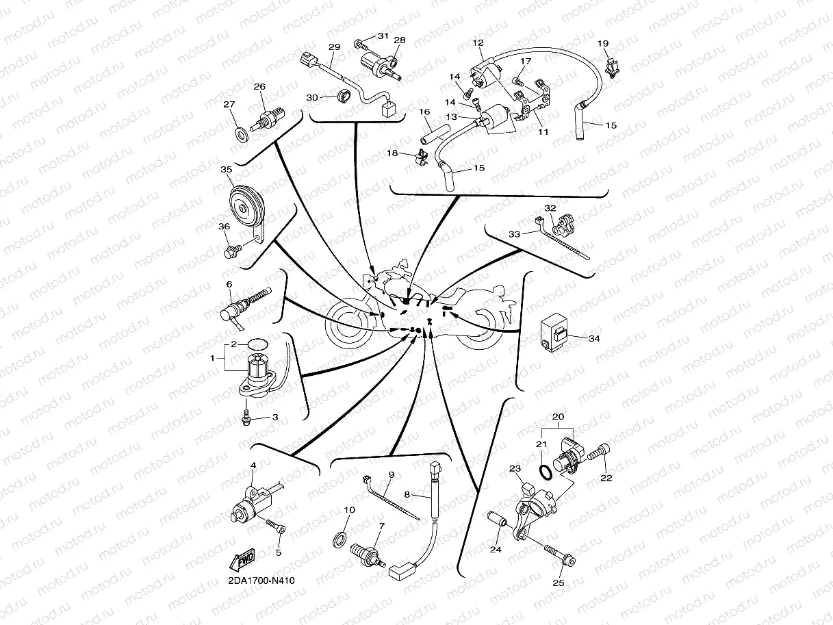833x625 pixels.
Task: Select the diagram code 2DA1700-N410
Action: [x=261, y=581]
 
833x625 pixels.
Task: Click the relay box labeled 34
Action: [x=554, y=333]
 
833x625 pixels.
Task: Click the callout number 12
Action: [x=478, y=43]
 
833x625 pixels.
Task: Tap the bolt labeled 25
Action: [x=560, y=555]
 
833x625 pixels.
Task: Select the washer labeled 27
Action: [x=242, y=134]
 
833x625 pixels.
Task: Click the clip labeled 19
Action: [x=611, y=68]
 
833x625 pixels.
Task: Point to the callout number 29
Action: [x=334, y=47]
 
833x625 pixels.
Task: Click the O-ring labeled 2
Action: [x=257, y=344]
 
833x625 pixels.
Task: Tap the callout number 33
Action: [x=514, y=234]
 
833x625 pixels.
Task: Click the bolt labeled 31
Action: [x=361, y=46]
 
